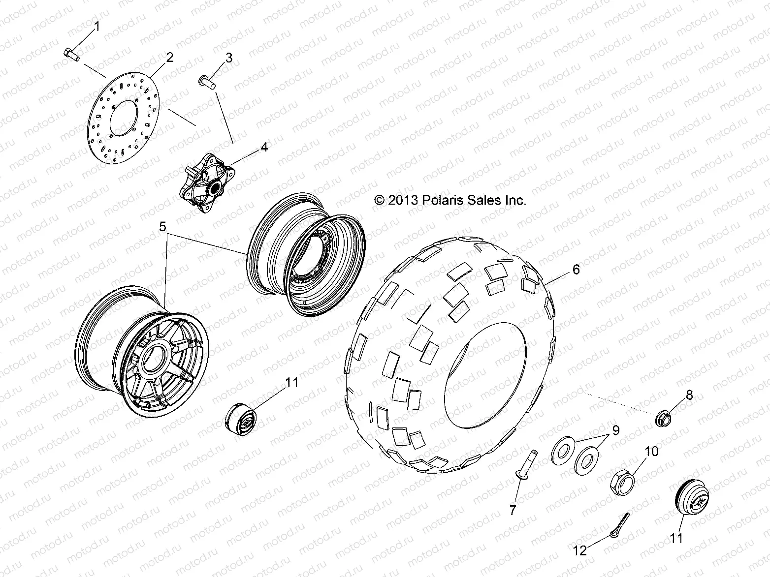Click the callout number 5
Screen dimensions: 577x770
[162, 227]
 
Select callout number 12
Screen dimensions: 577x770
[581, 550]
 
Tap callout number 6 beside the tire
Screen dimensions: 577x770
[576, 269]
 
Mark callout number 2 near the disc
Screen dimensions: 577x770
[170, 57]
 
